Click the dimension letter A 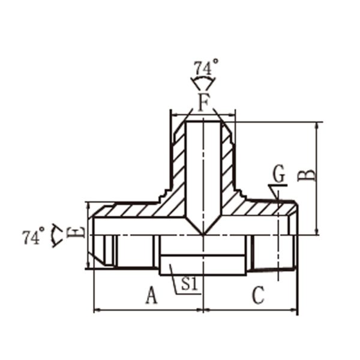(x=152, y=295)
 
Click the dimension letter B (x=306, y=176)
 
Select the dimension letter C (x=259, y=295)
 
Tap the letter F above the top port (x=204, y=103)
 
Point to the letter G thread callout (x=279, y=174)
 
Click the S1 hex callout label (x=190, y=284)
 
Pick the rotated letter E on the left (x=76, y=232)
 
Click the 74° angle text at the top (x=206, y=67)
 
